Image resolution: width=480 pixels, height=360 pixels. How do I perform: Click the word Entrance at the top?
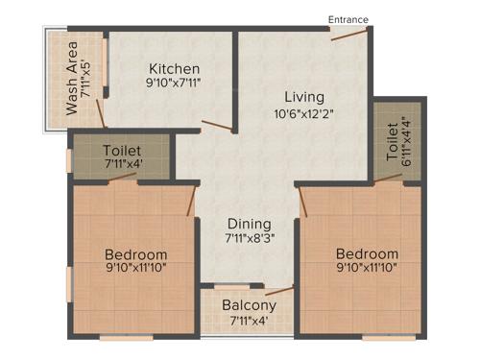pyautogui.click(x=348, y=18)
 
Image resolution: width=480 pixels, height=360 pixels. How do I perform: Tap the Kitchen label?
pyautogui.click(x=174, y=69)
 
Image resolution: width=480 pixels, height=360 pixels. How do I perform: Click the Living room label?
pyautogui.click(x=303, y=97)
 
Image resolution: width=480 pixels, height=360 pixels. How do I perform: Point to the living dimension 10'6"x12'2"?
pyautogui.click(x=303, y=114)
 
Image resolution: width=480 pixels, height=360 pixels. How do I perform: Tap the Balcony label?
pyautogui.click(x=249, y=306)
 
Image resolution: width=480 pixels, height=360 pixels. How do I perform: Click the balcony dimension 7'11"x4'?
pyautogui.click(x=249, y=323)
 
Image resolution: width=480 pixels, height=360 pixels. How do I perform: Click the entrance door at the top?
pyautogui.click(x=349, y=35)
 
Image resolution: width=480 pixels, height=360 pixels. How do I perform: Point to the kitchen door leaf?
pyautogui.click(x=218, y=126)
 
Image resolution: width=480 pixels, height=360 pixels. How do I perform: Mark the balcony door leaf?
pyautogui.click(x=279, y=289)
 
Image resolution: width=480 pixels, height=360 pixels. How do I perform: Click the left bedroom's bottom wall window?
pyautogui.click(x=126, y=337)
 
